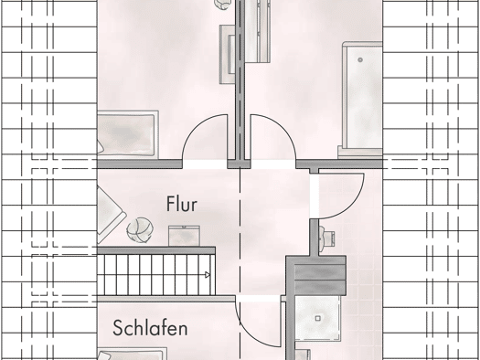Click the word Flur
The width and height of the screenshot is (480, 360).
point(182,204)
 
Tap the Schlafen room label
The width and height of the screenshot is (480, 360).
point(150,328)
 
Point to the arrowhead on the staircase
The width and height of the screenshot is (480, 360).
point(208,275)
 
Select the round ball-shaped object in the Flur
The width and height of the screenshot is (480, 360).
point(140,229)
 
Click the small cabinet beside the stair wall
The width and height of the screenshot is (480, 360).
point(184,236)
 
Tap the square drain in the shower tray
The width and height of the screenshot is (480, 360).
point(318,318)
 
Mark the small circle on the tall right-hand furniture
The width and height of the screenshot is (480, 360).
point(360,60)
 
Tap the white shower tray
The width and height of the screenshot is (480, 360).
point(318,318)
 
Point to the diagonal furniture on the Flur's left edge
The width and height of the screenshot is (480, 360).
point(111,215)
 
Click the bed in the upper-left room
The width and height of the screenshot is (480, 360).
point(127,134)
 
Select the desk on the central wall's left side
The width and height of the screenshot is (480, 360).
point(227,54)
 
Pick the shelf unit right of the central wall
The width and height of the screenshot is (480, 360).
point(258,31)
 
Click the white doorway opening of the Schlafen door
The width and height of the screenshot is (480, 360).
point(258,299)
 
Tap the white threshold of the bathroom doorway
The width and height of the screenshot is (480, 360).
point(314,196)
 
